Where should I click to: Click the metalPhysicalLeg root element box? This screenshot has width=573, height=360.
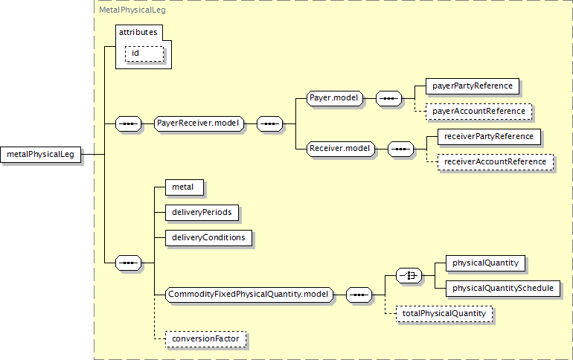[x=42, y=154]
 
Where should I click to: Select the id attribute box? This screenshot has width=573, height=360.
[x=144, y=54]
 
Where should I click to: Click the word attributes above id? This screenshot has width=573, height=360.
[x=138, y=33]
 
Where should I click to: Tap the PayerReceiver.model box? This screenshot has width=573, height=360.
[x=201, y=123]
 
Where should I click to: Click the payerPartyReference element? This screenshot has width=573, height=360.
[x=473, y=86]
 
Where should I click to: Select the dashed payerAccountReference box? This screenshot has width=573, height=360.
[x=479, y=111]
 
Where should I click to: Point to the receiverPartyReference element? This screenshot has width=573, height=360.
[x=489, y=136]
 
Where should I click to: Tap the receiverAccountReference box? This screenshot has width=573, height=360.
[x=495, y=161]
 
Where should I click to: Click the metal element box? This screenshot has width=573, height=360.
[x=183, y=187]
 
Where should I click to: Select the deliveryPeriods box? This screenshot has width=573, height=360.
[x=202, y=212]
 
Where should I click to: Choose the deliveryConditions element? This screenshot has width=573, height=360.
[x=209, y=237]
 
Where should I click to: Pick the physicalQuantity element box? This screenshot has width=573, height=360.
[x=486, y=263]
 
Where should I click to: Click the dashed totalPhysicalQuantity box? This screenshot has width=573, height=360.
[x=444, y=314]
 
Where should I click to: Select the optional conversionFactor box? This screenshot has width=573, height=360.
[x=205, y=339]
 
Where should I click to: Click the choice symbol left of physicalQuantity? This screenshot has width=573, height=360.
[x=409, y=275]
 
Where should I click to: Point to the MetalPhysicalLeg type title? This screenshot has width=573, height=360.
[x=132, y=10]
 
